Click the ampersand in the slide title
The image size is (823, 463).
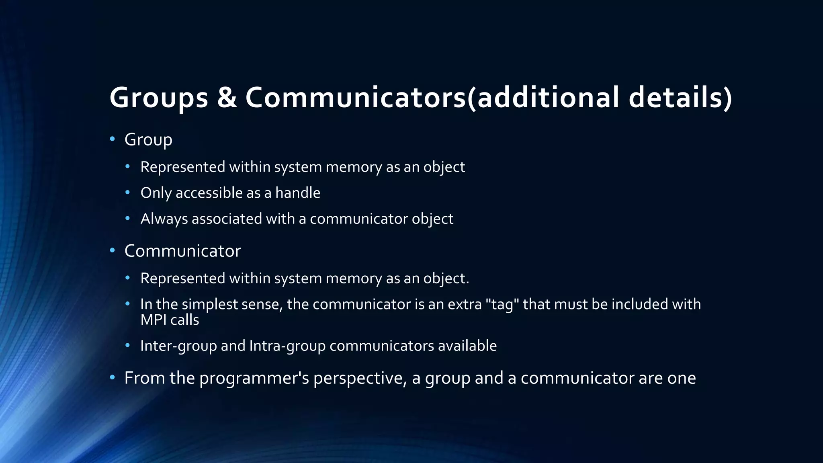point(227,98)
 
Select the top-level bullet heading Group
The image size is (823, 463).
point(148,140)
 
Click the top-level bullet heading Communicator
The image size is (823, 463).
point(182,251)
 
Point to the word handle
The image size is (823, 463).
point(298,193)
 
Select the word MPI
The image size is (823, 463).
point(154,320)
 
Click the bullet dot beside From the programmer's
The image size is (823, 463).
point(113,377)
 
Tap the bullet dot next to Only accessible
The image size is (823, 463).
point(128,193)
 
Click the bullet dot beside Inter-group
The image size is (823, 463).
point(128,345)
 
